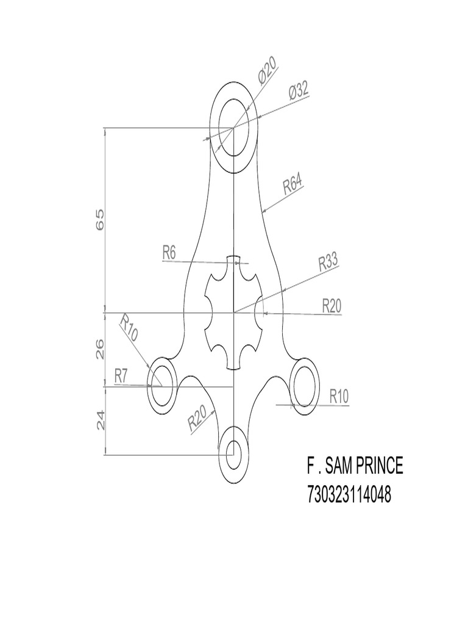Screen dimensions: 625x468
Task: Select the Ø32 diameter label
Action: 298,93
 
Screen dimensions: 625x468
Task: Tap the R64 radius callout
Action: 293,184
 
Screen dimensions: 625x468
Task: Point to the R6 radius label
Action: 169,252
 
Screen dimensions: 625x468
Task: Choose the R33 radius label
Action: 328,263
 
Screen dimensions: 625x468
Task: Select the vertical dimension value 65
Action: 101,219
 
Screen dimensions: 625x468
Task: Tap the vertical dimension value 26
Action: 101,349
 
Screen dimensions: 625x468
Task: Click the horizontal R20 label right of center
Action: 331,305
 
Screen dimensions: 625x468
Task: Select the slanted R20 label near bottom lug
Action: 197,419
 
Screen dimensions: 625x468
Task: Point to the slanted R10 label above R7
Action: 129,328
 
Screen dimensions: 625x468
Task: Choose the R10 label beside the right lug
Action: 339,396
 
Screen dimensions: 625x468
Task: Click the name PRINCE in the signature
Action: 375,466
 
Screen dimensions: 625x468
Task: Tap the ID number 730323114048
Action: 349,495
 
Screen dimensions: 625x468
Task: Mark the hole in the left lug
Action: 163,386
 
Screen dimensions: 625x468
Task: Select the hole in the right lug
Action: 305,386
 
